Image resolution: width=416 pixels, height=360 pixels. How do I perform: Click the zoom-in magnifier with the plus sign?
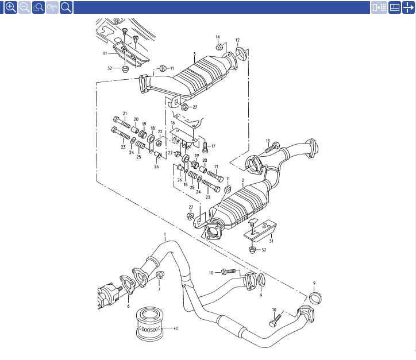pyautogui.click(x=11, y=7)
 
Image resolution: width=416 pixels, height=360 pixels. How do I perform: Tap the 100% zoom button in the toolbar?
pyautogui.click(x=52, y=7)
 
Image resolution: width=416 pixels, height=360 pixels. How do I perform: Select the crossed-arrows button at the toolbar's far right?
pyautogui.click(x=409, y=7)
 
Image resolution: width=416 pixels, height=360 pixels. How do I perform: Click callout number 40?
pyautogui.click(x=176, y=328)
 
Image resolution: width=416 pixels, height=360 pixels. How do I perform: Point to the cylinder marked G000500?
pyautogui.click(x=149, y=324)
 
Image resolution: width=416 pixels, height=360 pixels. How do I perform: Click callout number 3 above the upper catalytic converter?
pyautogui.click(x=194, y=54)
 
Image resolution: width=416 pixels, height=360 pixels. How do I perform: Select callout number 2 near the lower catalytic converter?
pyautogui.click(x=242, y=180)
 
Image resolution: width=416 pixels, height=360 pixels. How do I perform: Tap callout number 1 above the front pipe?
pyautogui.click(x=165, y=235)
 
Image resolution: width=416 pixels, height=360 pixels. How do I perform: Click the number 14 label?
pyautogui.click(x=218, y=37)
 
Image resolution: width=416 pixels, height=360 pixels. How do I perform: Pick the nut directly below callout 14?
pyautogui.click(x=218, y=48)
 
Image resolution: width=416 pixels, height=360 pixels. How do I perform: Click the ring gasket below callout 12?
pyautogui.click(x=241, y=53)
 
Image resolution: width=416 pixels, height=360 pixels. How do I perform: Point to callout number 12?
pyautogui.click(x=237, y=40)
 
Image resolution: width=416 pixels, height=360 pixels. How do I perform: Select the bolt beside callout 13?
pyautogui.click(x=272, y=148)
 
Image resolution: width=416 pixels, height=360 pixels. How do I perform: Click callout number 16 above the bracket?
pyautogui.click(x=173, y=123)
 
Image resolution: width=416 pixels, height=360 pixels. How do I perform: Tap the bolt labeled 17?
pyautogui.click(x=205, y=148)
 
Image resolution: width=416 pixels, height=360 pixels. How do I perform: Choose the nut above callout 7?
pyautogui.click(x=160, y=274)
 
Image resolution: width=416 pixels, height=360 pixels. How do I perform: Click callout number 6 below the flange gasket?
pyautogui.click(x=128, y=306)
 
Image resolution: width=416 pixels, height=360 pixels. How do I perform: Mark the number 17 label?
pyautogui.click(x=213, y=146)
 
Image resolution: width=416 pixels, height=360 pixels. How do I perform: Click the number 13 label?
pyautogui.click(x=268, y=141)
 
